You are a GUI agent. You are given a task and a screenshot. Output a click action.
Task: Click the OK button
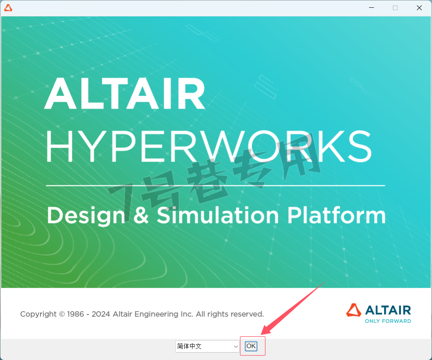pyautogui.click(x=251, y=346)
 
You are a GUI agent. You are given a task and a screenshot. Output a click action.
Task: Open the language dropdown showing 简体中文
pyautogui.click(x=207, y=346)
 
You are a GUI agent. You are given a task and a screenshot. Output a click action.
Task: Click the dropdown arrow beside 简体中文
pyautogui.click(x=236, y=346)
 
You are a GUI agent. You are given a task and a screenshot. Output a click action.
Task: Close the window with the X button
pyautogui.click(x=419, y=8)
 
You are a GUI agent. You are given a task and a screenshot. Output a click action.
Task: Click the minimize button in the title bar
pyautogui.click(x=372, y=8)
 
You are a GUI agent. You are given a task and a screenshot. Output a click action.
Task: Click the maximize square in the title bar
pyautogui.click(x=395, y=8)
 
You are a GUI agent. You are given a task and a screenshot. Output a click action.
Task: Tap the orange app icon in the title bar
pyautogui.click(x=8, y=8)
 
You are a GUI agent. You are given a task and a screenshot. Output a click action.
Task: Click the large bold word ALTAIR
pyautogui.click(x=125, y=93)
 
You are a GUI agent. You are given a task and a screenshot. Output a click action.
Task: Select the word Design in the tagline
pyautogui.click(x=86, y=216)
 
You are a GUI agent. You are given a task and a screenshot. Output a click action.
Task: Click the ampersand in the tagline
pyautogui.click(x=141, y=215)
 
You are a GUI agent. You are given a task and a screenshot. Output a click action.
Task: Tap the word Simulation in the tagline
pyautogui.click(x=218, y=215)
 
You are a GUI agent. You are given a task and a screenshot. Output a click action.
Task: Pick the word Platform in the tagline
pyautogui.click(x=336, y=215)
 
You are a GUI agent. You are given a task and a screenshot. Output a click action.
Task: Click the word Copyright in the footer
pyautogui.click(x=38, y=314)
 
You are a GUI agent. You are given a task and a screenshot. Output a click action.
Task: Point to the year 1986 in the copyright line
pyautogui.click(x=76, y=314)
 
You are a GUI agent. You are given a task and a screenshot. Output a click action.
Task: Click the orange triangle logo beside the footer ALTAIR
pyautogui.click(x=354, y=310)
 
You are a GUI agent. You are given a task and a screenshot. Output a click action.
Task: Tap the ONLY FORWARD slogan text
pyautogui.click(x=388, y=321)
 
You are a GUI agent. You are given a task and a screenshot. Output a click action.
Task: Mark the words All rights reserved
pyautogui.click(x=230, y=314)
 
